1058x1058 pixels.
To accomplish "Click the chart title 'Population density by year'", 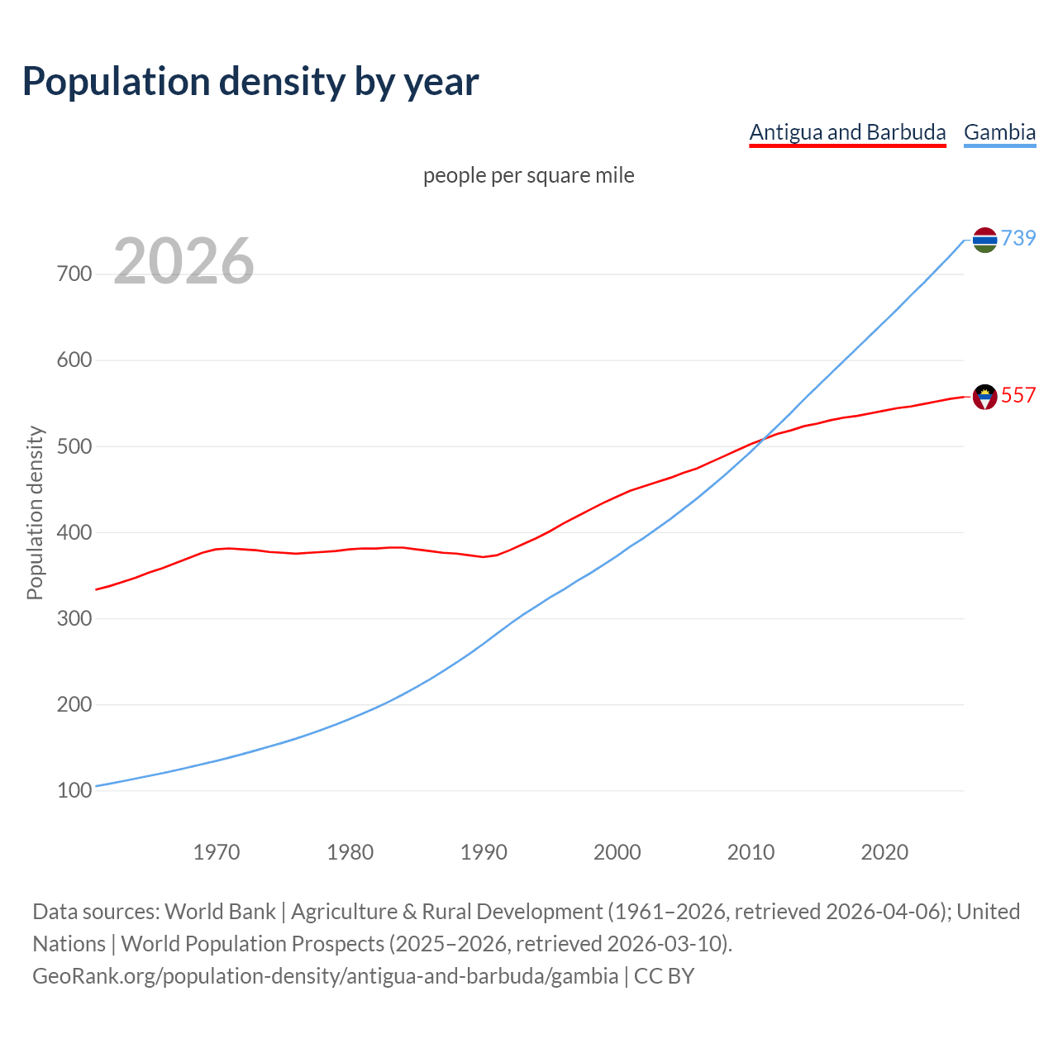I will pos(250,81).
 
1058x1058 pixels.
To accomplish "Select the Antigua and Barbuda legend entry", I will pos(847,132).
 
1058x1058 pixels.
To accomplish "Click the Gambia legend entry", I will pos(999,132).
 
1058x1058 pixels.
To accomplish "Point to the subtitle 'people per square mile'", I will pos(529,175).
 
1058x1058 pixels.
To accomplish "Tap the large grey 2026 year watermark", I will pos(183,261).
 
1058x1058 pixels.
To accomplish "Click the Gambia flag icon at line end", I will pos(984,240).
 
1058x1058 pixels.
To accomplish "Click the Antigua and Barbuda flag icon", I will pos(984,397).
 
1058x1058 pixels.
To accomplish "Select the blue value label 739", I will pos(1018,238).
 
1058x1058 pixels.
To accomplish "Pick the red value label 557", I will pos(1018,395).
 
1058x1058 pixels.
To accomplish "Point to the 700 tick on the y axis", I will pos(74,274).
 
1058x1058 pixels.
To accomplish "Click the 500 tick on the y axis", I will pos(74,446).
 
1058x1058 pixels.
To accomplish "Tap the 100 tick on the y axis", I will pos(74,791).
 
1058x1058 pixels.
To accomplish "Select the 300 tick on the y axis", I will pos(74,618).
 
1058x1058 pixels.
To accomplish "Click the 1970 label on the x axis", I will pos(217,852).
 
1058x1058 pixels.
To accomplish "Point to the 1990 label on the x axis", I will pos(484,852).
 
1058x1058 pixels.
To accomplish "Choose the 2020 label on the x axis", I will pos(884,852).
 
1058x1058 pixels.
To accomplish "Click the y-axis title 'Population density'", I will pos(35,512).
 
